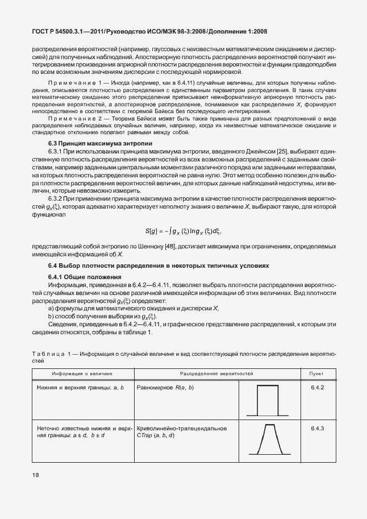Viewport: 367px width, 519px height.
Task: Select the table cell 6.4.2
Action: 317,387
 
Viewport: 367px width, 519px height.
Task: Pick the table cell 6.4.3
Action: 317,427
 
